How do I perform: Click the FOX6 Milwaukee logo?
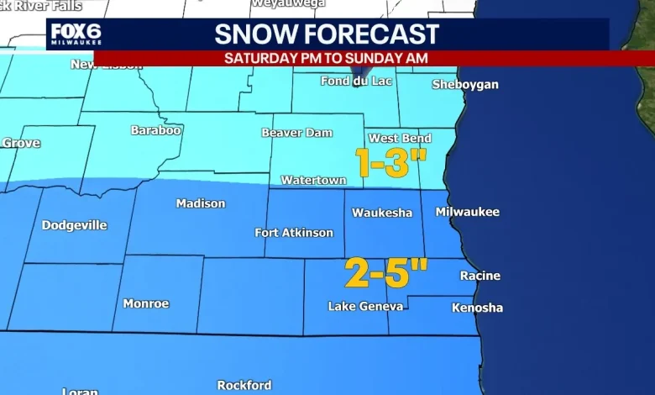pos(76,35)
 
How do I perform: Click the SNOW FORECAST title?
pos(327,34)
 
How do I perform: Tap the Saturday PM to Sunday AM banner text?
pos(326,58)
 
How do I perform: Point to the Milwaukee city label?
pos(467,212)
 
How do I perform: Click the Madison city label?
pos(201,203)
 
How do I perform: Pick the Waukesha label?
pos(382,213)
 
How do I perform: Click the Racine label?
pos(479,276)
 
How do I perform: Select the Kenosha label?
pos(477,308)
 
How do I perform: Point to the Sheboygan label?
pos(464,85)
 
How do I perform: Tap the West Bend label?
pos(400,139)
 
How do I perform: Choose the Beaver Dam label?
pos(297,133)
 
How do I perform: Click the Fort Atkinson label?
pos(294,233)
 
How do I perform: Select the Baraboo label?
pos(156,130)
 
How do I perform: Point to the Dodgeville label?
pos(75,225)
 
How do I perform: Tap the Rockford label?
pos(244,385)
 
